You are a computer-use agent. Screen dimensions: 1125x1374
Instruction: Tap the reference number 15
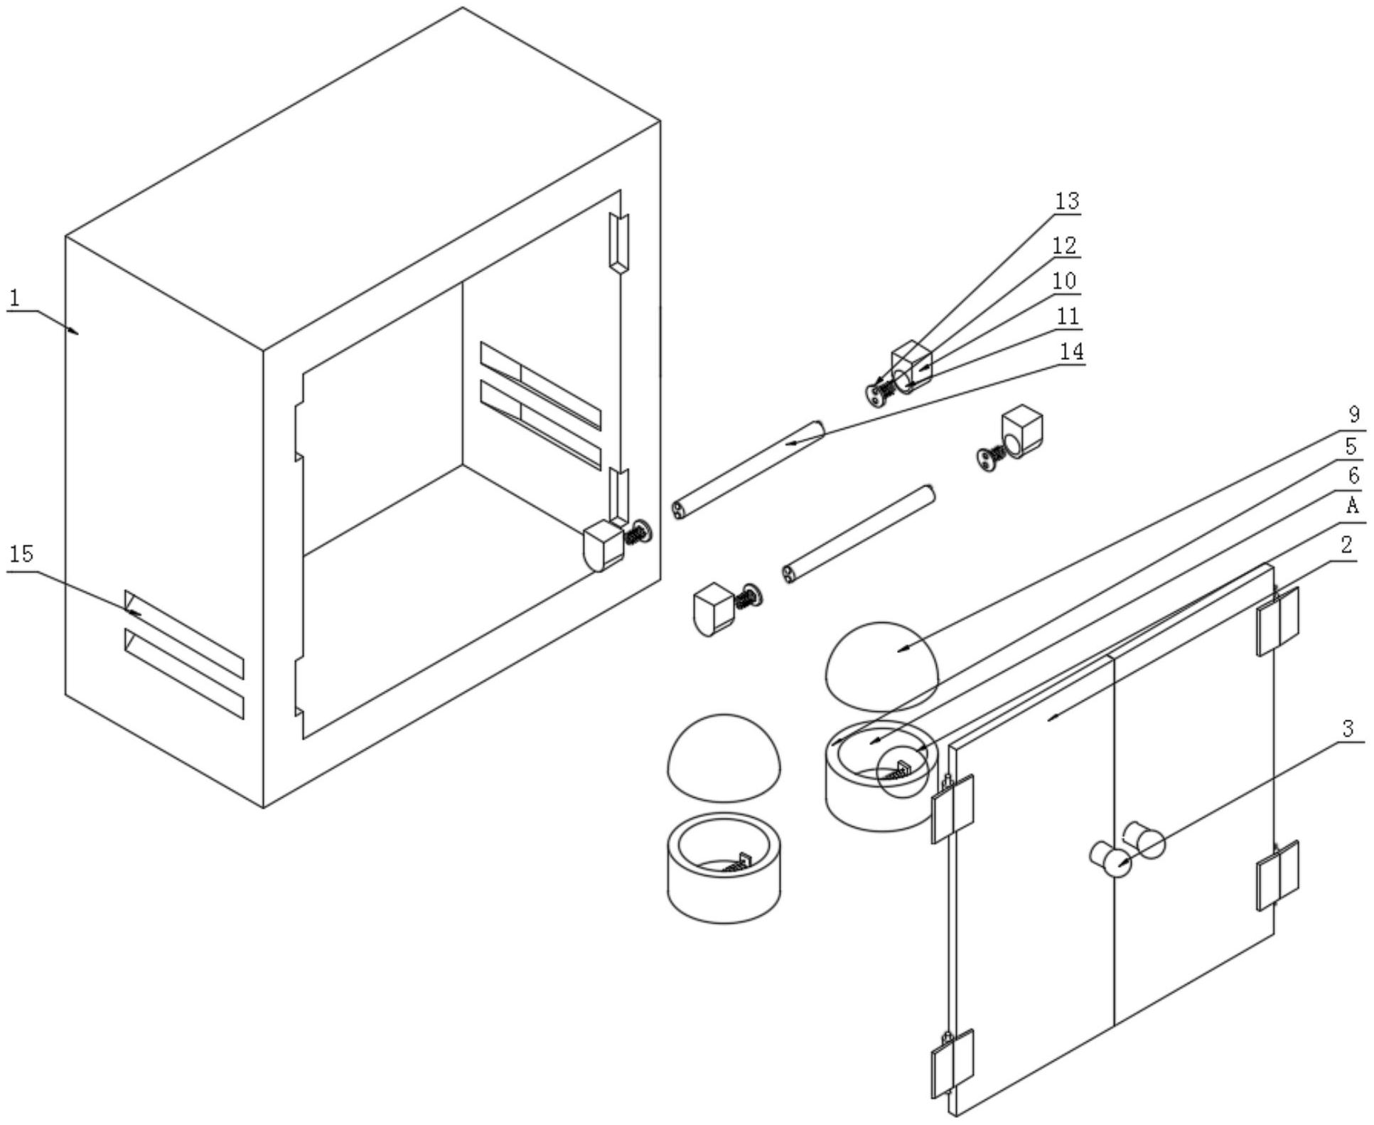[22, 554]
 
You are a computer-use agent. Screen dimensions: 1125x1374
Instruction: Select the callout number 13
[1066, 201]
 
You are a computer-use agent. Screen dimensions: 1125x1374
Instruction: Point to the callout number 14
[1071, 351]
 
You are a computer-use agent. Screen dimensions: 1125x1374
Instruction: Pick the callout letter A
[1353, 506]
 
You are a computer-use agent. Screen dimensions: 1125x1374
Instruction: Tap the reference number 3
[1348, 729]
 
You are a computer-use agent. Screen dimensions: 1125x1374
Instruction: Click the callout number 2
[1346, 545]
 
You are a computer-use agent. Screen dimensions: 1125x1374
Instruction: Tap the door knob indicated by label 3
[1111, 860]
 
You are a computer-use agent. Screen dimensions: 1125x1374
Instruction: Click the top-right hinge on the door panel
[1277, 619]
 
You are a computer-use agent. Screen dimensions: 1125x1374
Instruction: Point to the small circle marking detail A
[903, 771]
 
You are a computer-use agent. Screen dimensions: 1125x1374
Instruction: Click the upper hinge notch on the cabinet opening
[619, 242]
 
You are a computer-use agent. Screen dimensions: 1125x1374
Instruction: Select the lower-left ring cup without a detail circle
[724, 868]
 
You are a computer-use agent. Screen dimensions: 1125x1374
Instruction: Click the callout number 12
[1064, 245]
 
